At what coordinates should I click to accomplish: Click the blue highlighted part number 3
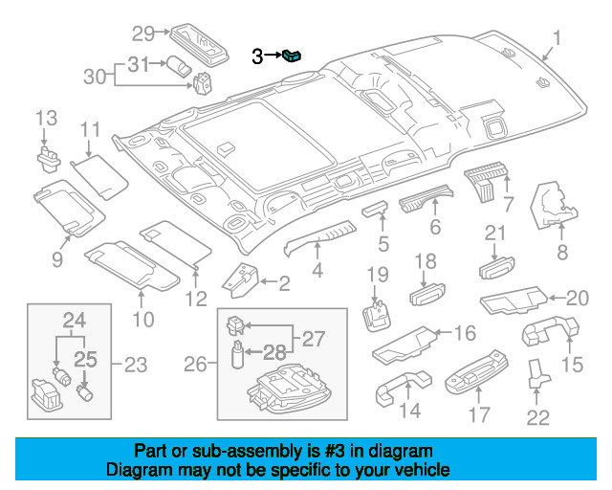[292, 56]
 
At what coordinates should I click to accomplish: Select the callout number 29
[143, 33]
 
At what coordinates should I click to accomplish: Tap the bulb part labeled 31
[179, 66]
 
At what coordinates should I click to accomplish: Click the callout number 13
[47, 118]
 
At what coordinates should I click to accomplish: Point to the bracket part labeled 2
[241, 280]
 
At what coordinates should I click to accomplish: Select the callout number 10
[143, 320]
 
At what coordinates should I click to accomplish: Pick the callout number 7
[508, 204]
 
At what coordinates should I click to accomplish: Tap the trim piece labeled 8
[552, 206]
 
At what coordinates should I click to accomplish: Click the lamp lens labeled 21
[496, 268]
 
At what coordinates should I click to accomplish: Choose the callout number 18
[425, 261]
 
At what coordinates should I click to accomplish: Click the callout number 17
[479, 414]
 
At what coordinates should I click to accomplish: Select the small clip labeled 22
[538, 373]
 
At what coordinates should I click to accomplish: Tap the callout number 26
[195, 365]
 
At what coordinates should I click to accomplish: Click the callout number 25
[85, 360]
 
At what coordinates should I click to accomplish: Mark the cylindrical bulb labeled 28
[237, 354]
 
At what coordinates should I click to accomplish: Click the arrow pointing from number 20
[557, 299]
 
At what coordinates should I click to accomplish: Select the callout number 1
[557, 38]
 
